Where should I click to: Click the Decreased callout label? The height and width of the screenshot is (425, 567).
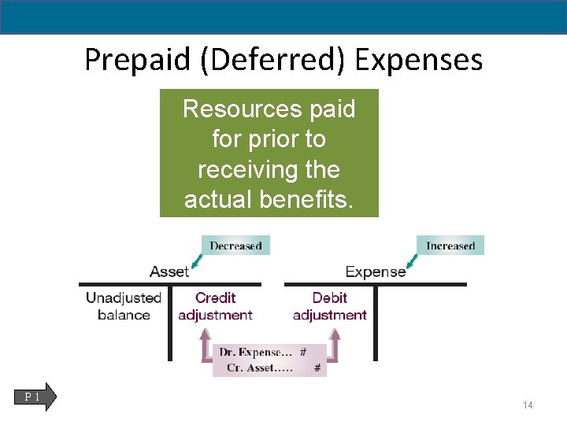(x=235, y=246)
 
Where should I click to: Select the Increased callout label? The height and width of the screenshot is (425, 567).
(x=450, y=246)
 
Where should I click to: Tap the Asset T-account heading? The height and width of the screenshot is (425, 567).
(x=169, y=272)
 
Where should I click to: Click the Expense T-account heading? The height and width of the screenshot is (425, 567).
(x=376, y=272)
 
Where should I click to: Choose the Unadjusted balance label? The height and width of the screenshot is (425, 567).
(x=124, y=306)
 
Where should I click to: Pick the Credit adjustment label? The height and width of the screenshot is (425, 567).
(x=215, y=306)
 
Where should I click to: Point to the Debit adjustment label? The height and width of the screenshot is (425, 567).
(x=329, y=306)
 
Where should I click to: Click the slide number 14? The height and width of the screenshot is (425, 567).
(x=528, y=405)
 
